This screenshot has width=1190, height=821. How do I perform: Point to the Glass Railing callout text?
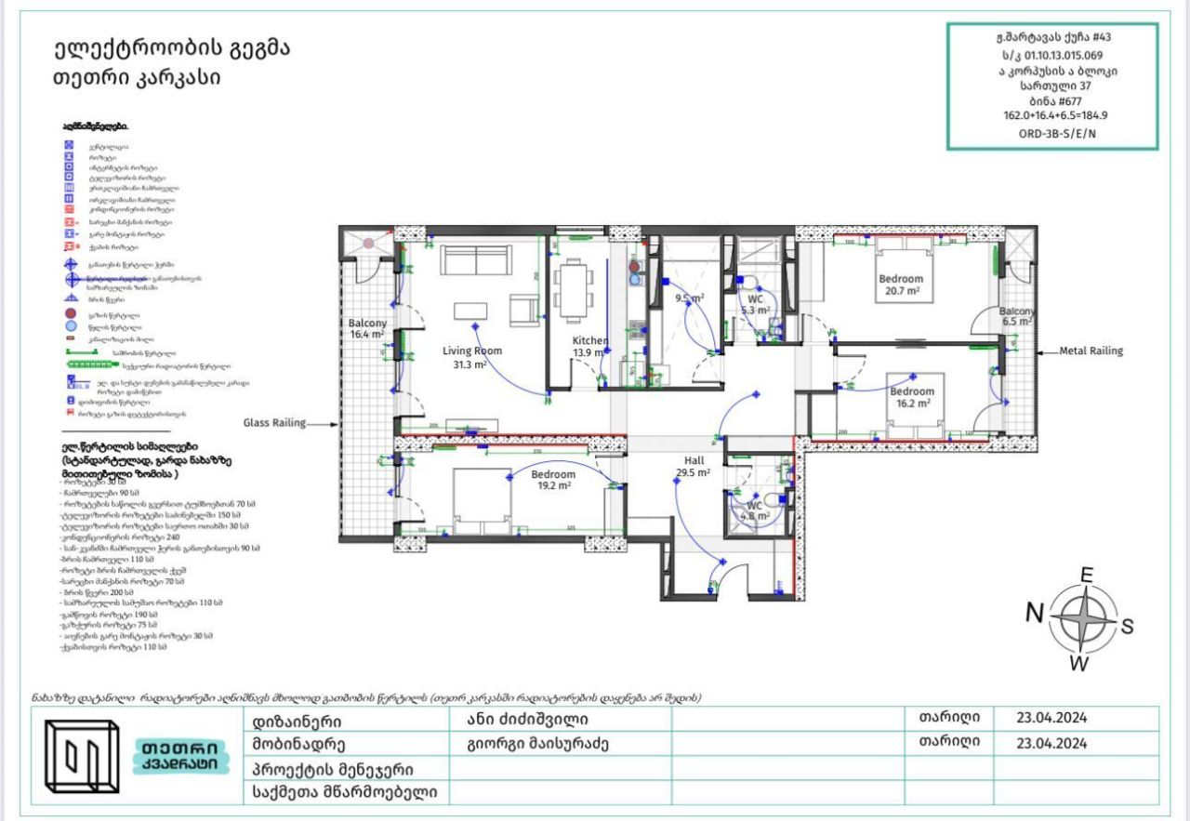click(x=274, y=423)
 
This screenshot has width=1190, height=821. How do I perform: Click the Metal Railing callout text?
click(x=1091, y=351)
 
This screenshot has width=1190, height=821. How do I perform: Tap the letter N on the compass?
click(x=1034, y=613)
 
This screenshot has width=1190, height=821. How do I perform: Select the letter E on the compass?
click(x=1086, y=575)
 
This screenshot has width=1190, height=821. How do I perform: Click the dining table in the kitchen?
click(x=573, y=289)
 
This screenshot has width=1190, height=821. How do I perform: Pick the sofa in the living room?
click(x=476, y=260)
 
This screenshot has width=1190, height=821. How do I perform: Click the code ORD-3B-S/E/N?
click(x=1051, y=133)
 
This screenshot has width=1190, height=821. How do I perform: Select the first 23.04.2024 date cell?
click(x=1051, y=718)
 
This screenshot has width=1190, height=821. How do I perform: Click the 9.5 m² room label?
click(x=688, y=298)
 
